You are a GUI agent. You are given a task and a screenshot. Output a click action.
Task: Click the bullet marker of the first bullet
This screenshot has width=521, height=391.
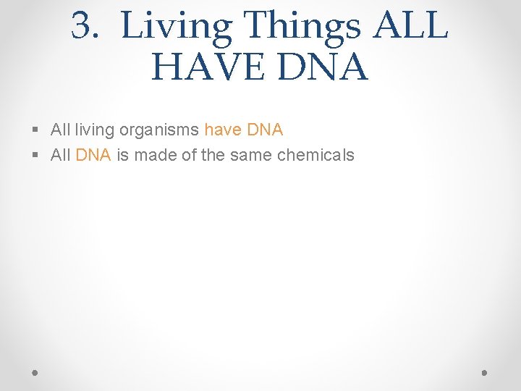pos(36,130)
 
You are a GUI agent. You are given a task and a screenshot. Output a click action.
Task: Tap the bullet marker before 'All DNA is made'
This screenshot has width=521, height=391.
pos(36,155)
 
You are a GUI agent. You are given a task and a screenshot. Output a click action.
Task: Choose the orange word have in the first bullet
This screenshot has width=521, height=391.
pos(223,130)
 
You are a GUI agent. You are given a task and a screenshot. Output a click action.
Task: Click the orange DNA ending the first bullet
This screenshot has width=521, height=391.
pos(265,130)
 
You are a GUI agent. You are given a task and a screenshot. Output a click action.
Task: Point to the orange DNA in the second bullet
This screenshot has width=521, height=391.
pos(93,155)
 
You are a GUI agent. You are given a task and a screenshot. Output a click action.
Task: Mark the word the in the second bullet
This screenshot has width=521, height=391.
pos(213,155)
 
